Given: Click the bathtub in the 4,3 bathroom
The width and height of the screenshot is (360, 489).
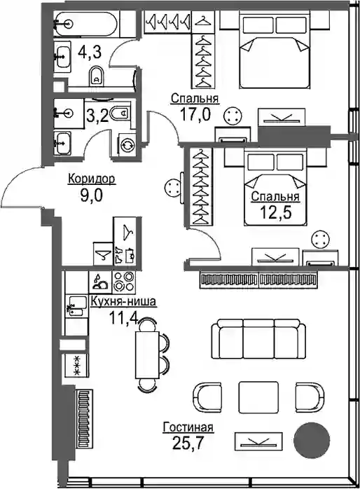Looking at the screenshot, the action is pos(86,24).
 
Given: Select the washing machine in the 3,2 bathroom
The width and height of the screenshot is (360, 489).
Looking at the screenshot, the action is pos(127,145).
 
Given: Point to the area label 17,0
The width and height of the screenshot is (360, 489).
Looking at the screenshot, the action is pos(195,114).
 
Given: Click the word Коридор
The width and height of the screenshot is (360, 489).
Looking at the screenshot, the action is pos(92,179).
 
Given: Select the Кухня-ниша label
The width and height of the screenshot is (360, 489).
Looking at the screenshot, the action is pos(123,301).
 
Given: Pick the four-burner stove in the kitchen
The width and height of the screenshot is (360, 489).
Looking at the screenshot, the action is pos(125,281).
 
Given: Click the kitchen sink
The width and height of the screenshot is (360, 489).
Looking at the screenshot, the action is pos(76,306).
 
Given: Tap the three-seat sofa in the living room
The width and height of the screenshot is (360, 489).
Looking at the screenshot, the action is pos(258,338).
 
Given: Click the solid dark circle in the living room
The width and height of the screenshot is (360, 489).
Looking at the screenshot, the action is pos(312,439).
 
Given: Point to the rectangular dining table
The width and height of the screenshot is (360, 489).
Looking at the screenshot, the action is pos(147,354).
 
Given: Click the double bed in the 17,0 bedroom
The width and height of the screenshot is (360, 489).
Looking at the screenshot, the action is pos(275,51).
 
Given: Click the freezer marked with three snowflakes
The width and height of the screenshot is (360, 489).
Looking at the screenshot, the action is pos(76,365).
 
